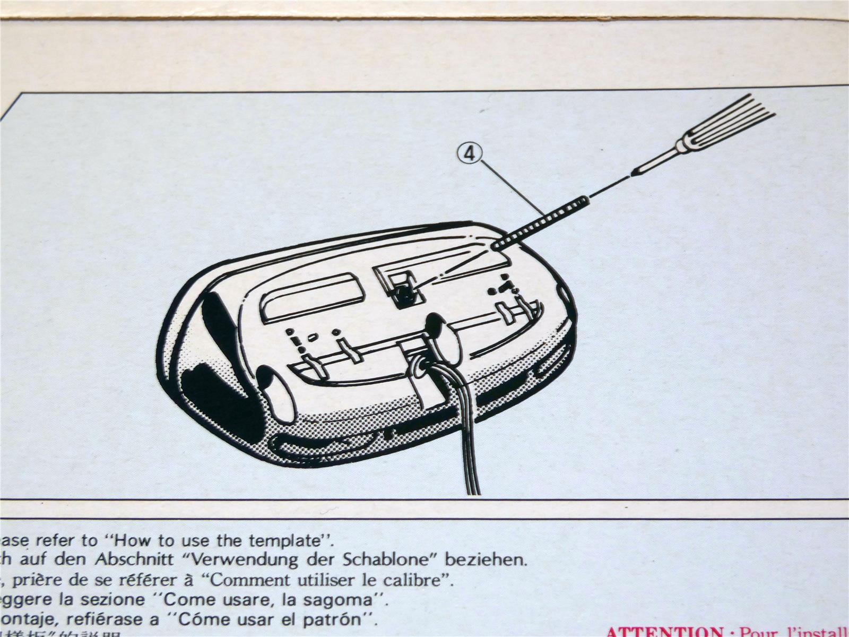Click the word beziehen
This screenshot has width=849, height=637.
[x=486, y=559]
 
